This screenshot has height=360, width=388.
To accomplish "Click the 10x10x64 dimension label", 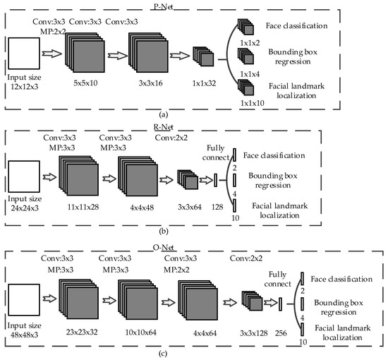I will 141,330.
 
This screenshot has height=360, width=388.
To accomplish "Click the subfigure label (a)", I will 193,114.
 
